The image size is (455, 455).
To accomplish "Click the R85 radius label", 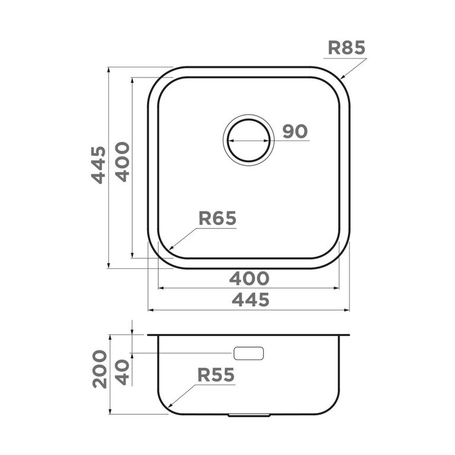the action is pos(347,48).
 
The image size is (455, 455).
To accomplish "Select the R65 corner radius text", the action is pos(217,218).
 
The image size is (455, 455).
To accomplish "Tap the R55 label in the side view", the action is pos(216,375).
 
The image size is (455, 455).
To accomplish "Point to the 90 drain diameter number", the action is pos(295,132).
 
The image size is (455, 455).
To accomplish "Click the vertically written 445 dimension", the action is pos(99,165).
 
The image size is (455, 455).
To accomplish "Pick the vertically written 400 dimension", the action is pos(123,162).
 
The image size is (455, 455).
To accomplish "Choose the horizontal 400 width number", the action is pos(249,278).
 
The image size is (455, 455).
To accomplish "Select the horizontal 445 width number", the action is pos(251,300).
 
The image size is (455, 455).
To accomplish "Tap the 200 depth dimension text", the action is pos(100,369).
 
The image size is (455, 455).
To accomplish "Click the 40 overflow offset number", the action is pos(123,373).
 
